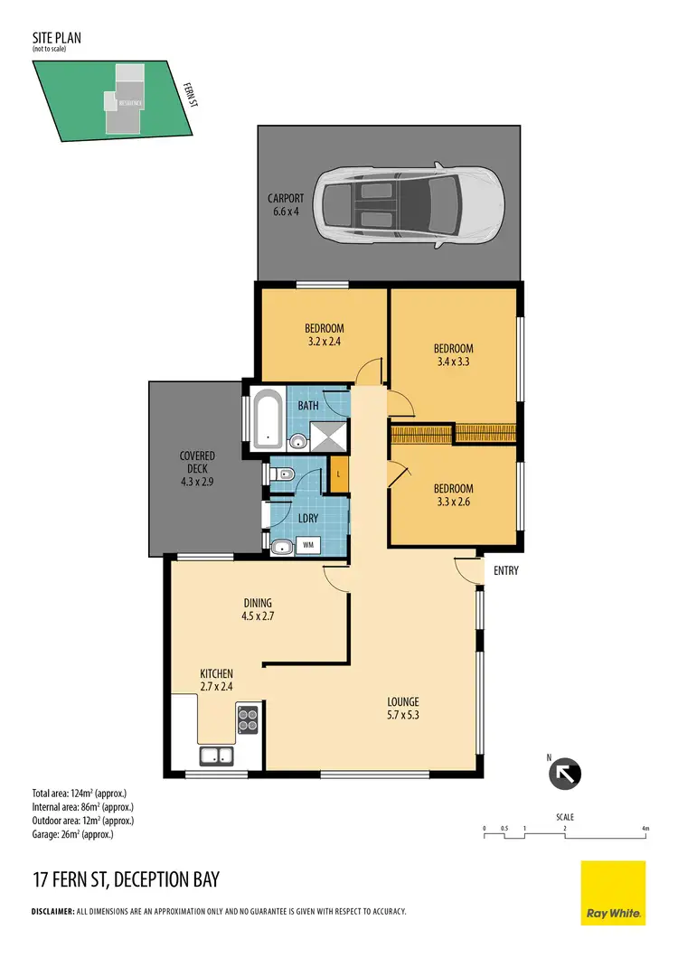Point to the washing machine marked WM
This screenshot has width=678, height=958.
[x=308, y=545]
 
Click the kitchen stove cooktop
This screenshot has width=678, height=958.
[x=248, y=720]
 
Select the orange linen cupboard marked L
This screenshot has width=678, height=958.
[x=338, y=474]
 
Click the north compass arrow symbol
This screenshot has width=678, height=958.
[x=566, y=774]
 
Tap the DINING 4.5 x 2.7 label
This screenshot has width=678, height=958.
[x=257, y=610]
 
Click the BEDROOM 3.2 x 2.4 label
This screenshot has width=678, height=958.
[x=324, y=335]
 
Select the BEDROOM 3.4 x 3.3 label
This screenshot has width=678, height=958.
[x=453, y=355]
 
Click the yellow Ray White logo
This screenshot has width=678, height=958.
[x=612, y=892]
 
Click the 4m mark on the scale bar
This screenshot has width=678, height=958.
[x=644, y=828]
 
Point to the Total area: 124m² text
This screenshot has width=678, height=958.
[x=80, y=794]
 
